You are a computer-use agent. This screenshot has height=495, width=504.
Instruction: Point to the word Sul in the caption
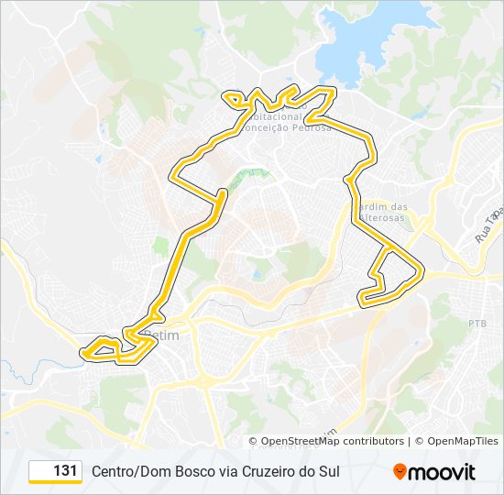328,471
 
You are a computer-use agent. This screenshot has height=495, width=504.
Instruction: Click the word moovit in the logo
442,472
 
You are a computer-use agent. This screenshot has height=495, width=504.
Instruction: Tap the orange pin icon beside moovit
400,472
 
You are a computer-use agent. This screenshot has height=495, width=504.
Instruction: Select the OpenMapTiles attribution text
462,441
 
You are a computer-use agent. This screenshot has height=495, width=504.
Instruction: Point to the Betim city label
165,335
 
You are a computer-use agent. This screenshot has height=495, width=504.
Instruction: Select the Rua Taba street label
489,225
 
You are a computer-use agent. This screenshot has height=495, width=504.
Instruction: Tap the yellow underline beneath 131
55,482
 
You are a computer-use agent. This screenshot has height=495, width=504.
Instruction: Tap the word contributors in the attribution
367,441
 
